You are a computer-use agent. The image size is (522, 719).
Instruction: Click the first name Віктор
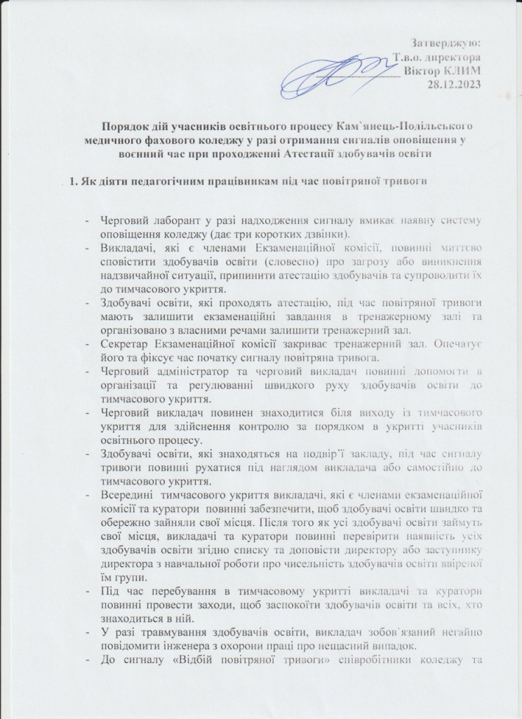(423, 71)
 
